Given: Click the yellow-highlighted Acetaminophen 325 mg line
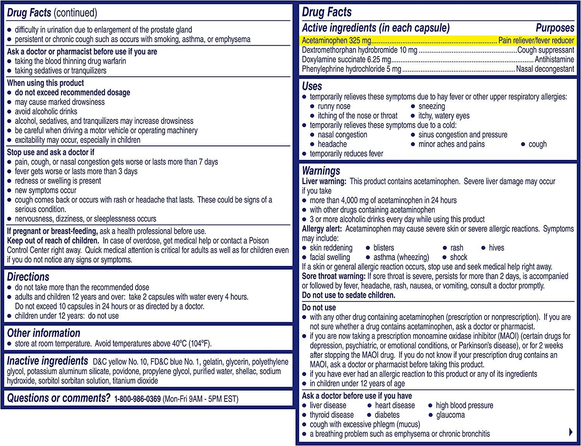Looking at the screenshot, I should coord(438,41).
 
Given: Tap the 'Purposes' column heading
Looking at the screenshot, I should coord(555,28).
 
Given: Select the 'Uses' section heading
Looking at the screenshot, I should coord(312,86).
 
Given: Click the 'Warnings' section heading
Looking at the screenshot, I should coord(321,171).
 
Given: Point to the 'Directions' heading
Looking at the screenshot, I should coord(28,277).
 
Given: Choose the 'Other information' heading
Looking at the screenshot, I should coord(44,333).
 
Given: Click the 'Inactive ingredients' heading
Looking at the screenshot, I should coord(48,361).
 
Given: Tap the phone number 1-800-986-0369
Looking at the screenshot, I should coord(138,399).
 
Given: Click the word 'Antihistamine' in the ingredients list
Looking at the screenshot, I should coord(554,60).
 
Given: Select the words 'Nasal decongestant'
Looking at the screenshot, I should coord(545,69).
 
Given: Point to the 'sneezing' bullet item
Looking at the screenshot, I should coord(431,106).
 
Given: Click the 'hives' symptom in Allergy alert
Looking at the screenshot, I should coord(497,248).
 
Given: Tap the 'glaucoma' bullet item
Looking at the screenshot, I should coord(450,415).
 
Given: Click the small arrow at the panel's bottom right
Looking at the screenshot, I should coord(571,432).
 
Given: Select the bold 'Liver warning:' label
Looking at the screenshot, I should coord(324,181).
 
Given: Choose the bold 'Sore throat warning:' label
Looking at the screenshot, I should coord(334,276).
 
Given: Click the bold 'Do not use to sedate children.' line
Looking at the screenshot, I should coord(349,295).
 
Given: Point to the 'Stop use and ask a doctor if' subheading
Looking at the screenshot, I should coord(51,153).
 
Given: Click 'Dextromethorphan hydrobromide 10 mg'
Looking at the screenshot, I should coord(359,50).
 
